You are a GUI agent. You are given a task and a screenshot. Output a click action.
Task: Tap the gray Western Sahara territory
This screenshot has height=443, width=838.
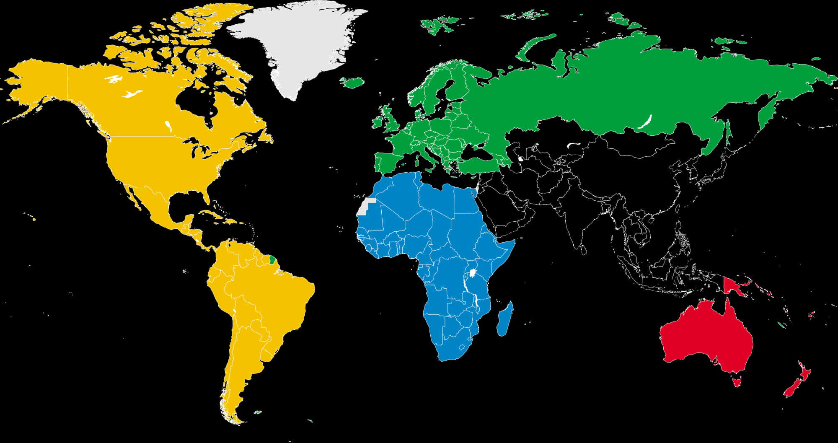pos(365,207)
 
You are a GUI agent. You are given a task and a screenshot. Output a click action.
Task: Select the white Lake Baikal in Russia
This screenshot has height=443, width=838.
pos(645,122)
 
